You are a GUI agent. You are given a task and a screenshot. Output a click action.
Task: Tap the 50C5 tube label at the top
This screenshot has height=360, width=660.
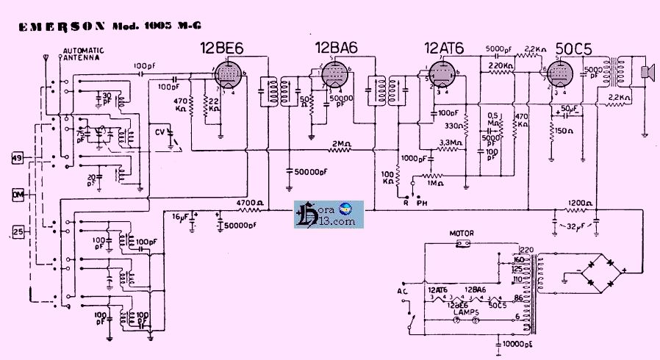click(573, 48)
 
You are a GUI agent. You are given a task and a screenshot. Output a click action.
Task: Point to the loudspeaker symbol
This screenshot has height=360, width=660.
click(647, 71)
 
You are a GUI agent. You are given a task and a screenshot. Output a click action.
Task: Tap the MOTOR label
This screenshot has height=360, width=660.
click(461, 234)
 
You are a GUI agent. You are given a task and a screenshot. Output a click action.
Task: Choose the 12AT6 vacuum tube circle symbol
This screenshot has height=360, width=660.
click(442, 75)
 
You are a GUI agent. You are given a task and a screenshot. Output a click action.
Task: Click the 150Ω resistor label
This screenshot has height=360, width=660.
click(565, 131)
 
